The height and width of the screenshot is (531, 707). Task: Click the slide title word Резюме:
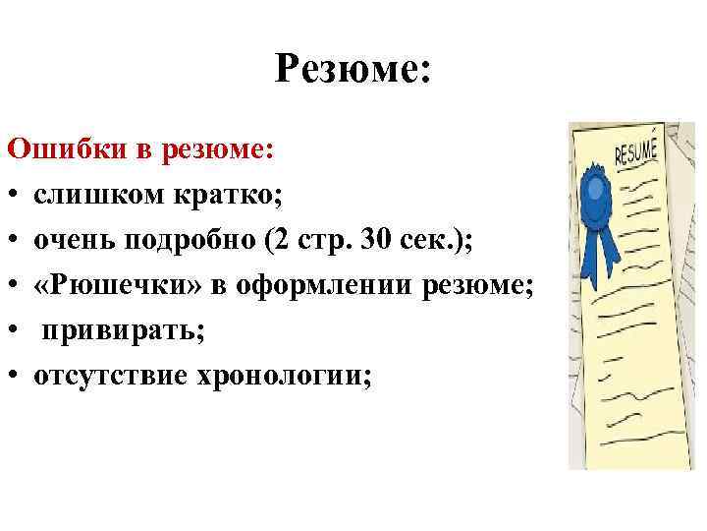[353, 70]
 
